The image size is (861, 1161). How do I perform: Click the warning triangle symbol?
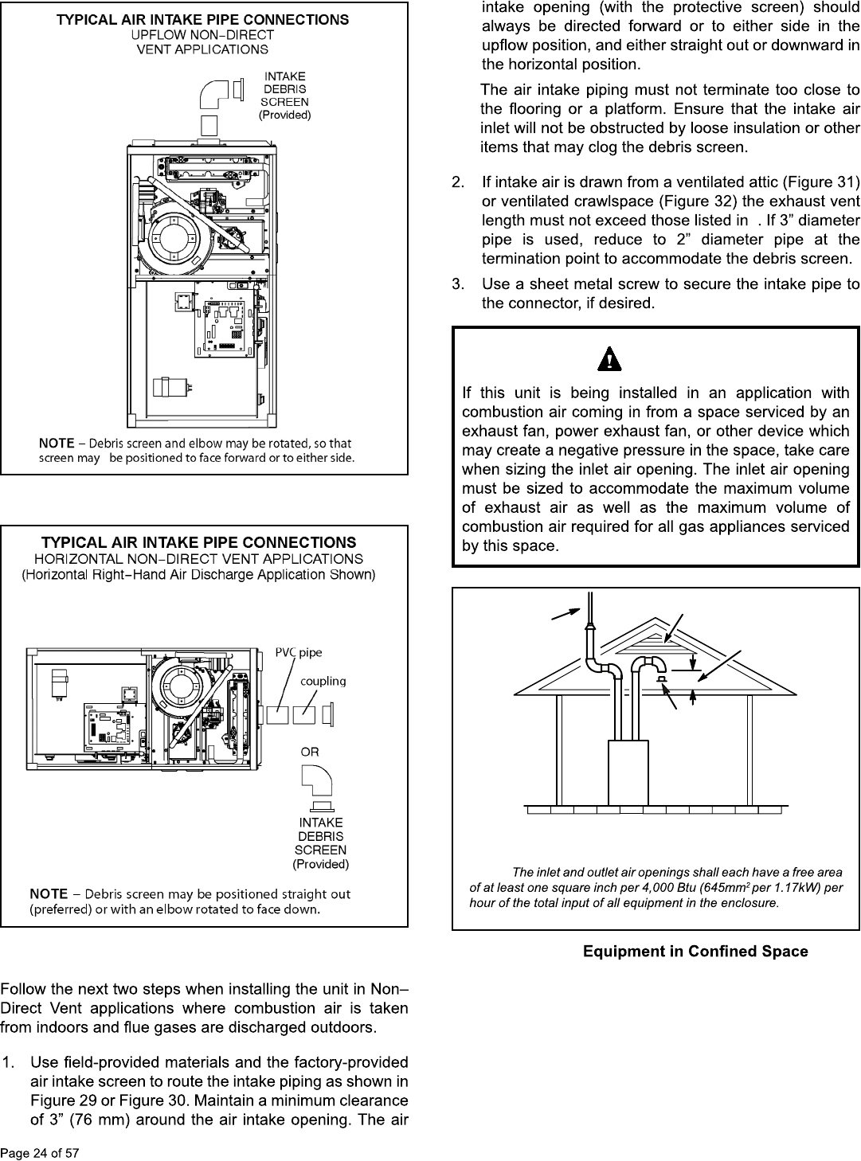point(610,359)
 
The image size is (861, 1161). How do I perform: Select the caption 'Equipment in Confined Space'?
point(695,952)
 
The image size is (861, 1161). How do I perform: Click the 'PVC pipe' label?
point(299,653)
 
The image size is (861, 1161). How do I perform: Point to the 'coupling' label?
point(323,682)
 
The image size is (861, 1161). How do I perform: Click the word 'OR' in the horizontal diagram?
point(310,752)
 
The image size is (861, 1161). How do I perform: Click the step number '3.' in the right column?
point(459,284)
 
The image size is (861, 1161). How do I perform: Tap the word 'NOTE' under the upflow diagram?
point(57,443)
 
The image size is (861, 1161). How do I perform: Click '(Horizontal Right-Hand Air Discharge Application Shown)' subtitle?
point(198,574)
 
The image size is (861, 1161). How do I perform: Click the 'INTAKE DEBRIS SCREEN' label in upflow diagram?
point(284,96)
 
